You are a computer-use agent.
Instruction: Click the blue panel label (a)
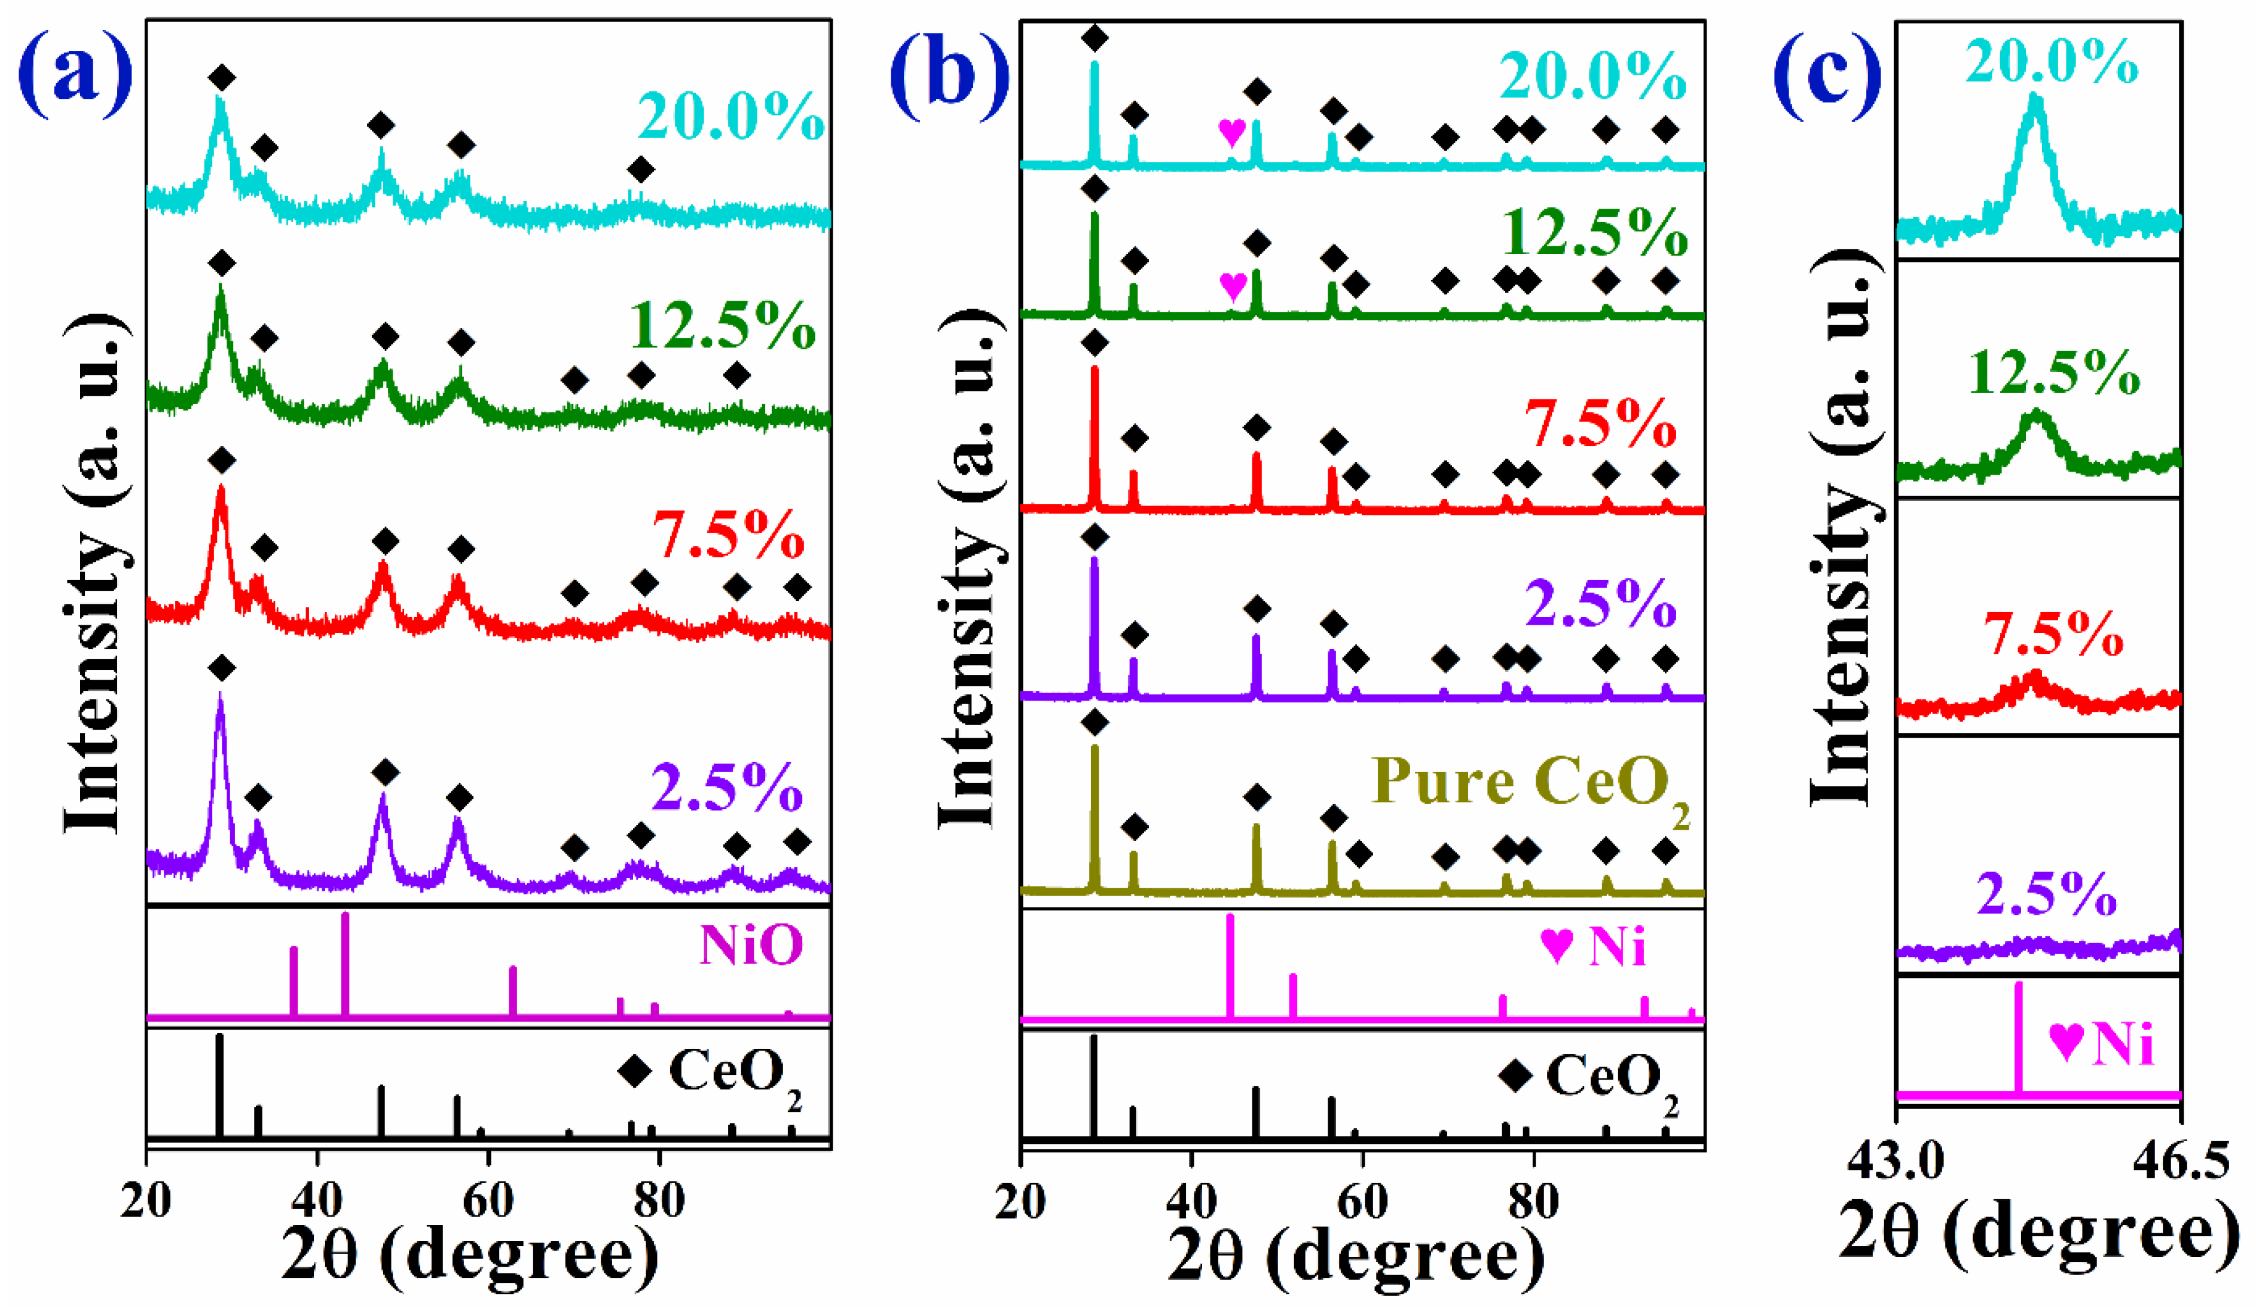point(75,78)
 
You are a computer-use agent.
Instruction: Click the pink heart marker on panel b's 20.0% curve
point(1231,133)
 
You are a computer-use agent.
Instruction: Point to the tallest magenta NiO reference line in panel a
point(345,965)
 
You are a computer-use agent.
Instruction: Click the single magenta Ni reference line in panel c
point(2019,1037)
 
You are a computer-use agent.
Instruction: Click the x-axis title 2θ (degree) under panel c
point(2038,1237)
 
